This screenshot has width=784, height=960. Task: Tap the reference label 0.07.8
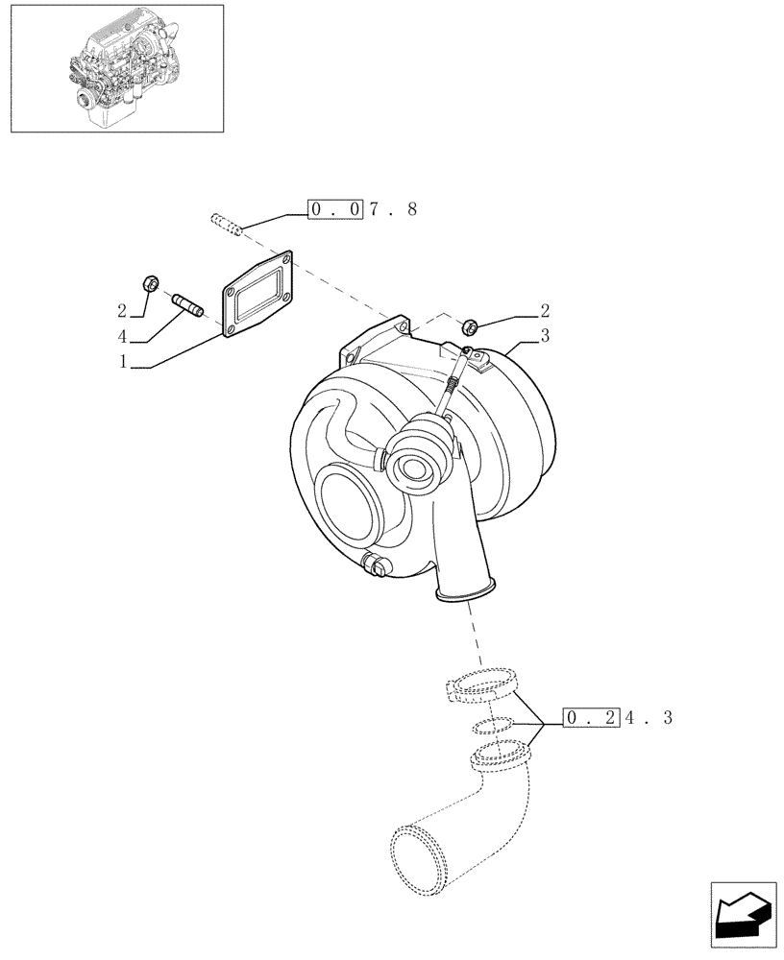[x=362, y=209]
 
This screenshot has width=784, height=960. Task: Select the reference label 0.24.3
[x=619, y=717]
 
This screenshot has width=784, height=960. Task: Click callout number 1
[x=123, y=363]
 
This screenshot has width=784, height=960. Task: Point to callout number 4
[x=123, y=337]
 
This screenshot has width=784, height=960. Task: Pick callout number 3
[x=544, y=335]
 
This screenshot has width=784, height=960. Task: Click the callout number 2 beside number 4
[x=123, y=310]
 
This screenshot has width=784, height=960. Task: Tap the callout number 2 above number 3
[x=544, y=309]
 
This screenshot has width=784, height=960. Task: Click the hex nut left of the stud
[x=150, y=282]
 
